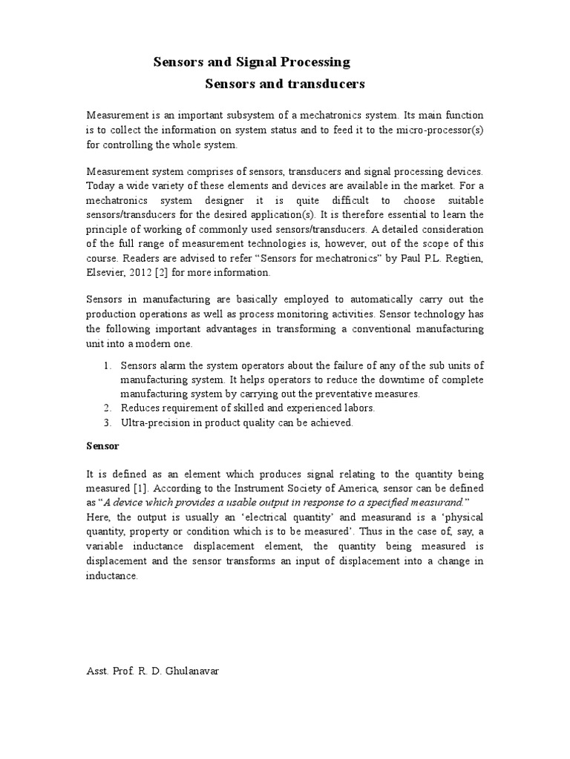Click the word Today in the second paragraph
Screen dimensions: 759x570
(x=102, y=186)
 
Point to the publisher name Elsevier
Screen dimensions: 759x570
(x=107, y=273)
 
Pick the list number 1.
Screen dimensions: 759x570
(x=108, y=365)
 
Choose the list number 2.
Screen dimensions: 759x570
(x=108, y=408)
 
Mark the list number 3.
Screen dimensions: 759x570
(x=108, y=423)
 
